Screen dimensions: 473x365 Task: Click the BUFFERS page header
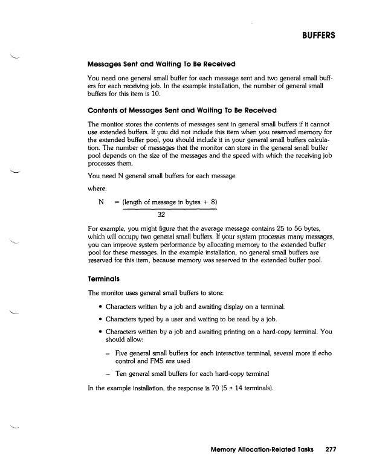pos(315,36)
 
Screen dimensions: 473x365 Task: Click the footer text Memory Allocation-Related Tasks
pos(259,449)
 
